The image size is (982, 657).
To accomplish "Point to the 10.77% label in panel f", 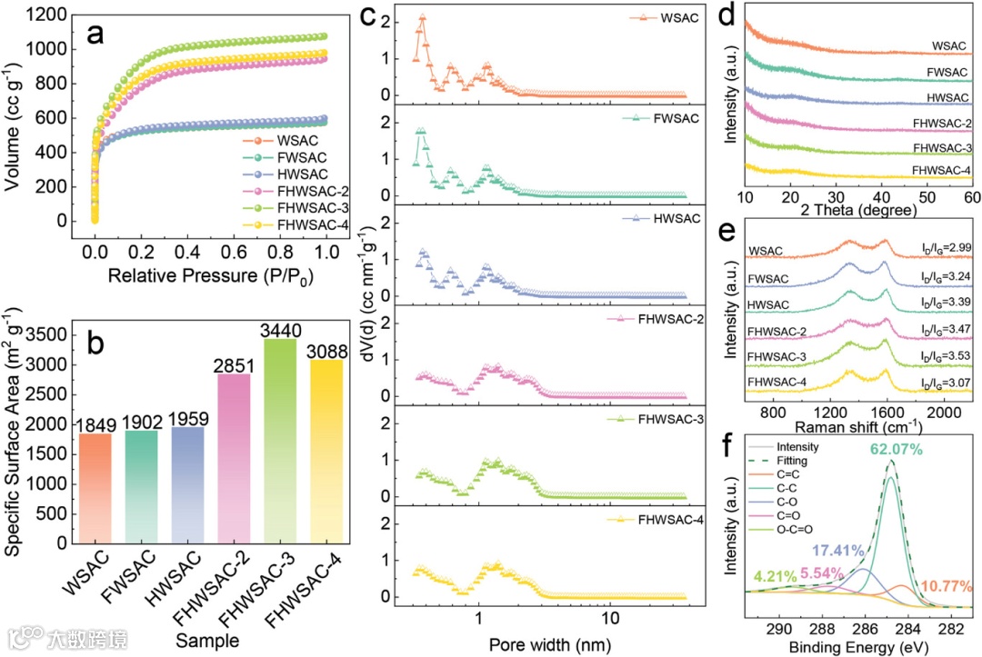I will coord(946,585).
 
